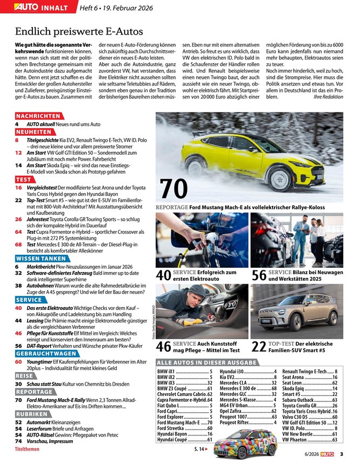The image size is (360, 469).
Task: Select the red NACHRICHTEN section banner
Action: pyautogui.click(x=38, y=116)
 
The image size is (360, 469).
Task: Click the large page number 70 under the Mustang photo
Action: pyautogui.click(x=174, y=188)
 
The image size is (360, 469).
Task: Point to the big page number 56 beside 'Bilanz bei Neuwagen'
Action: pyautogui.click(x=258, y=275)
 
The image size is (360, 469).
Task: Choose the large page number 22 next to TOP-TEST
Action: pyautogui.click(x=258, y=347)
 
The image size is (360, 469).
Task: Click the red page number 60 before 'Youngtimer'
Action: pyautogui.click(x=18, y=361)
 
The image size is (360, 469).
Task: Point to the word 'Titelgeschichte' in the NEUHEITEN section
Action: pyautogui.click(x=45, y=140)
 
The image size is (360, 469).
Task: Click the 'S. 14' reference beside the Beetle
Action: pyautogui.click(x=201, y=450)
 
